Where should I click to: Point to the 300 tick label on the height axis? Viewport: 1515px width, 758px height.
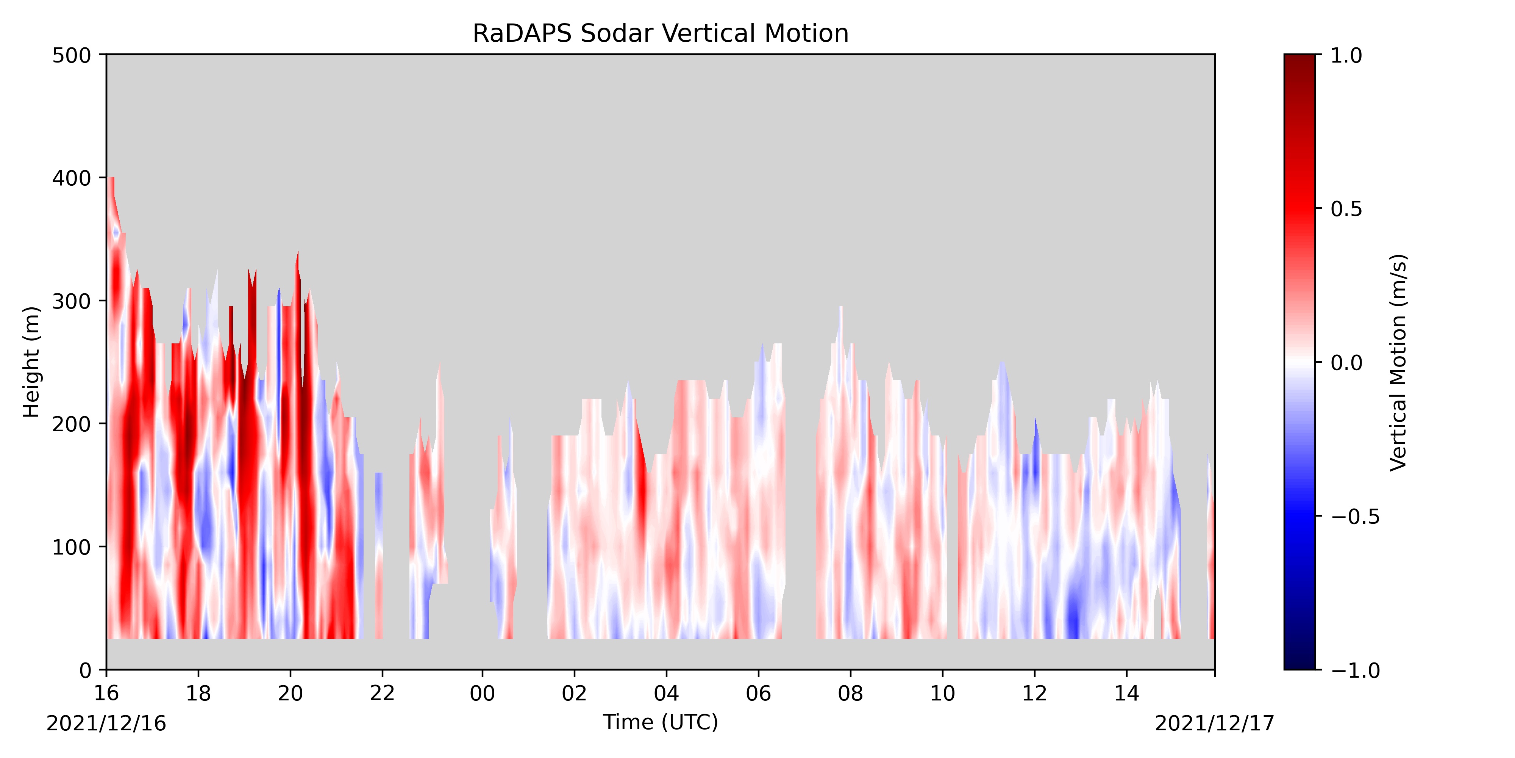pyautogui.click(x=72, y=301)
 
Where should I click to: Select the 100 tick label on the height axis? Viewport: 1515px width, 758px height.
pyautogui.click(x=72, y=547)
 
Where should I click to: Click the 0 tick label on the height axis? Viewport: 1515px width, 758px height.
pyautogui.click(x=85, y=670)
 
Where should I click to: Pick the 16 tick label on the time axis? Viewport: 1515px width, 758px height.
pyautogui.click(x=106, y=693)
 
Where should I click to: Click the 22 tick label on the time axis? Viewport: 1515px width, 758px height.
pyautogui.click(x=382, y=693)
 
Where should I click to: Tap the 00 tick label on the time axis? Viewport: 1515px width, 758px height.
pyautogui.click(x=482, y=693)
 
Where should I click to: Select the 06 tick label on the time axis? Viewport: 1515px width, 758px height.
pyautogui.click(x=759, y=693)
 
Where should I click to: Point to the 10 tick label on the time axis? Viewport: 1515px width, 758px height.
pyautogui.click(x=943, y=693)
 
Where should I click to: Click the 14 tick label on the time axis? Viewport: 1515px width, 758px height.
pyautogui.click(x=1127, y=693)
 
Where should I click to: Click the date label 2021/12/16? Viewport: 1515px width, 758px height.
pyautogui.click(x=106, y=723)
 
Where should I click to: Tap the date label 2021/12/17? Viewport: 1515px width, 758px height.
pyautogui.click(x=1215, y=723)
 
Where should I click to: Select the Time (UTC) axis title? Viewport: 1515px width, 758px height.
pyautogui.click(x=661, y=722)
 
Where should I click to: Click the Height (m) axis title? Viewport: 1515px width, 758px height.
pyautogui.click(x=32, y=362)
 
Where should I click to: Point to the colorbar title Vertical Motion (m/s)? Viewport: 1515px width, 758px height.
pyautogui.click(x=1399, y=362)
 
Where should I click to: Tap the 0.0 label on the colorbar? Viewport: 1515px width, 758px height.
pyautogui.click(x=1347, y=363)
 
